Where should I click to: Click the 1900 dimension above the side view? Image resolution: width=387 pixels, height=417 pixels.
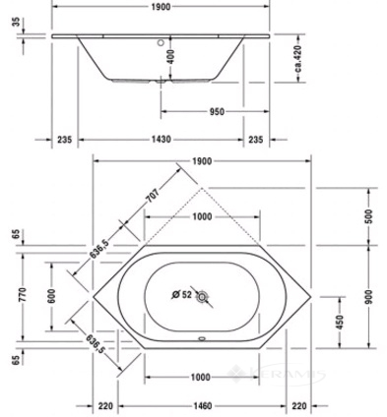tap(161, 7)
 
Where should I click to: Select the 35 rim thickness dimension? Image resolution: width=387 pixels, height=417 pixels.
tap(16, 23)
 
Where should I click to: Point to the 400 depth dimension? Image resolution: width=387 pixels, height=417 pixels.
tap(170, 56)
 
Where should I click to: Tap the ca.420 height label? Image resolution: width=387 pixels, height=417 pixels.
tap(297, 59)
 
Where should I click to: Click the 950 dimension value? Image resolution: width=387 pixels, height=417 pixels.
tap(217, 112)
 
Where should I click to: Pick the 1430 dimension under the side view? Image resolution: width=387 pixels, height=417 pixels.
tap(161, 140)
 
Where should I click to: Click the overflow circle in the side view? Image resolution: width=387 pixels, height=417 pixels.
tap(161, 42)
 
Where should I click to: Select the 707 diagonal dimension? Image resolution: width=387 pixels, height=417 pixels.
tap(153, 195)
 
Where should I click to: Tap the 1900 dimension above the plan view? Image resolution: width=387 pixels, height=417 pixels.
tap(202, 161)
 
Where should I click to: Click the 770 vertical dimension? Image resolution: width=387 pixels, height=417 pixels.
tap(23, 294)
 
